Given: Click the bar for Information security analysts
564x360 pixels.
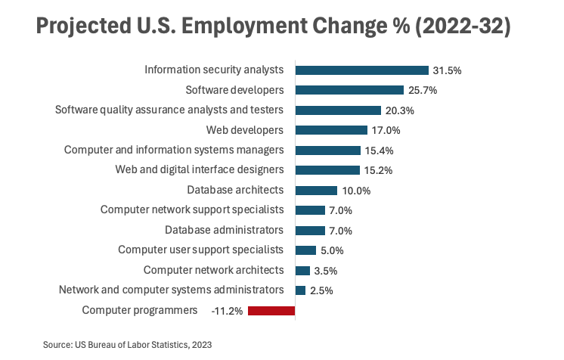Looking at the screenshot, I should (x=361, y=70).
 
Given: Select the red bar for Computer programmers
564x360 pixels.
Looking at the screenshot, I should (x=271, y=310).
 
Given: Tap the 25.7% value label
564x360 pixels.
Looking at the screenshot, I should (x=423, y=90).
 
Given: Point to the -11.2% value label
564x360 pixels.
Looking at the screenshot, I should (x=227, y=310).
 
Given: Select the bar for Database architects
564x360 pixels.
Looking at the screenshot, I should (x=316, y=190).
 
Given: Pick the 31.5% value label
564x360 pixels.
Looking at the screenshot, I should (x=447, y=70).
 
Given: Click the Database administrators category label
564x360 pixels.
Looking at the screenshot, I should (x=224, y=229).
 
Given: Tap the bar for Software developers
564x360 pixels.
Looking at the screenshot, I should (x=349, y=90).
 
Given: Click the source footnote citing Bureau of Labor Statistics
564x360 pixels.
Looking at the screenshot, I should (x=127, y=344).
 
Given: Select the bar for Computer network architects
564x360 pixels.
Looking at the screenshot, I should (x=302, y=270).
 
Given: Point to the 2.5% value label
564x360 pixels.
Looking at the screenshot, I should (x=321, y=290).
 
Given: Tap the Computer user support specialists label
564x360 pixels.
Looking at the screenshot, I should (x=200, y=250).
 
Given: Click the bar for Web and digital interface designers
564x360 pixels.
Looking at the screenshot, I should (x=327, y=170).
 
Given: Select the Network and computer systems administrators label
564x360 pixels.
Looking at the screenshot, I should (x=171, y=290).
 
